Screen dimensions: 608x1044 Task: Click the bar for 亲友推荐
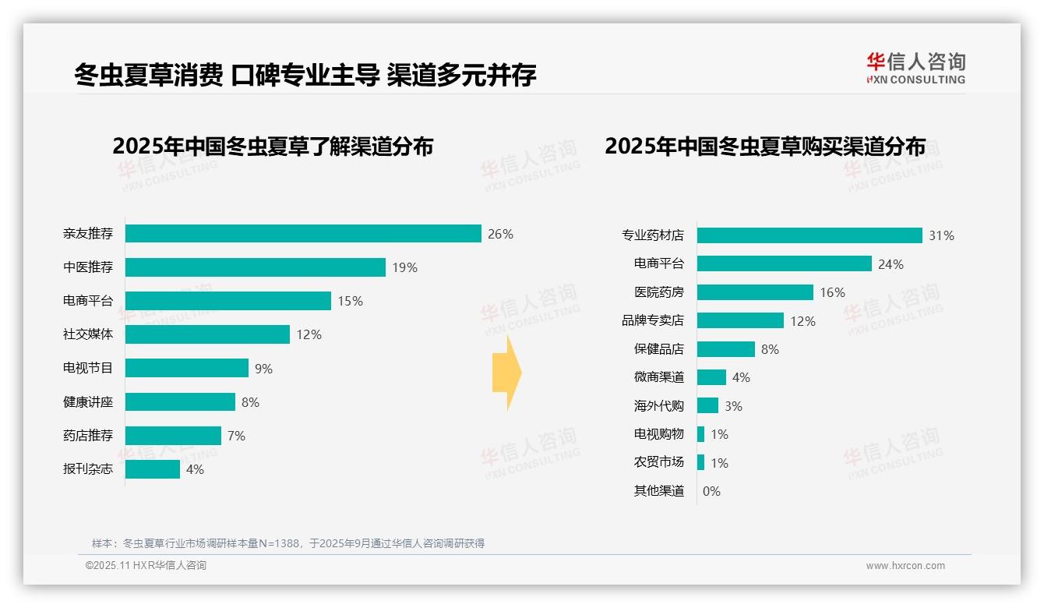[x=303, y=234]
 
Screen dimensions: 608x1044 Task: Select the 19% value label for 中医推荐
[x=404, y=267]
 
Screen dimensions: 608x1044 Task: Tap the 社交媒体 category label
[x=88, y=334]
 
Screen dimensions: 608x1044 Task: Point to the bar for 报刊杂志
[x=153, y=469]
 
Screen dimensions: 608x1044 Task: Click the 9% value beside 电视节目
[x=263, y=369]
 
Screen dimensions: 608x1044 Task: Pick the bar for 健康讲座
[x=180, y=402]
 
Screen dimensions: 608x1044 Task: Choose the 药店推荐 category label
[x=88, y=436]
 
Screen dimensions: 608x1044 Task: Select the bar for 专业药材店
[x=809, y=235]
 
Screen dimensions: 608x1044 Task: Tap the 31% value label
[x=941, y=235]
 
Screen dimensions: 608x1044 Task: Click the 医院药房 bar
[x=755, y=292]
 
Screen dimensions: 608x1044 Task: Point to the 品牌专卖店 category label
[x=653, y=320]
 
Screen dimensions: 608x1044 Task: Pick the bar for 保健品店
[x=726, y=349]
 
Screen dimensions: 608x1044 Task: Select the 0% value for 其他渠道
[x=711, y=491]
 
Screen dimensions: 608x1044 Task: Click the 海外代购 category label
[x=659, y=406]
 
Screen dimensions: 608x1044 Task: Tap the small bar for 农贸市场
[x=701, y=462]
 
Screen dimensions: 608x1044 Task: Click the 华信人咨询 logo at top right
[x=915, y=68]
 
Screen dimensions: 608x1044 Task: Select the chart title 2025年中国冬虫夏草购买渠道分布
[x=765, y=147]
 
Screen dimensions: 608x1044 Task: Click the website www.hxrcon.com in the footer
[x=905, y=566]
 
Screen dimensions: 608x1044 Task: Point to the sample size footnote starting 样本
[x=288, y=543]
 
